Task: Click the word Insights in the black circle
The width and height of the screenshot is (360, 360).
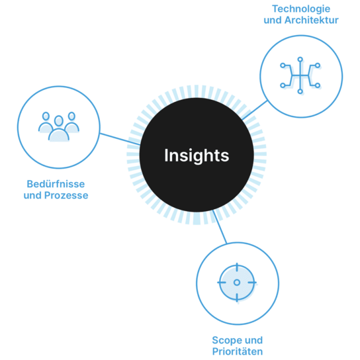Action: pyautogui.click(x=197, y=156)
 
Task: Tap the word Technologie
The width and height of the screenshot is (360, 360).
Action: pyautogui.click(x=301, y=9)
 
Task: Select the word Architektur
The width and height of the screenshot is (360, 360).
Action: pyautogui.click(x=311, y=21)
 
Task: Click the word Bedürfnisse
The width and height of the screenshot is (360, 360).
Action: pyautogui.click(x=56, y=184)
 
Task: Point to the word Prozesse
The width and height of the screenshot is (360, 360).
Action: pyautogui.click(x=66, y=195)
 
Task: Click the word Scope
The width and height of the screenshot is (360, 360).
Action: pyautogui.click(x=225, y=341)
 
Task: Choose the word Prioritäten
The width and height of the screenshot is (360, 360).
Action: pyautogui.click(x=238, y=352)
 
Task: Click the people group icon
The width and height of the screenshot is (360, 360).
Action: pyautogui.click(x=59, y=126)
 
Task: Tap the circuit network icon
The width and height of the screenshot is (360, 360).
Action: pyautogui.click(x=300, y=75)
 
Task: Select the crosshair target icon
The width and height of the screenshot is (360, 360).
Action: pyautogui.click(x=237, y=283)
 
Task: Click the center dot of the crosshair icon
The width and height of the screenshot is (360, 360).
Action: pyautogui.click(x=237, y=283)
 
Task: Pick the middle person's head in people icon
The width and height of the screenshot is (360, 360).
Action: pyautogui.click(x=58, y=120)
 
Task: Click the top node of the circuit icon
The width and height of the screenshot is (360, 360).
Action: pyautogui.click(x=300, y=60)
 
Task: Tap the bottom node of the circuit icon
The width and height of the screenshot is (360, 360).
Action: pyautogui.click(x=300, y=91)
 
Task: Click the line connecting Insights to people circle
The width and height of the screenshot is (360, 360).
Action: pyautogui.click(x=120, y=139)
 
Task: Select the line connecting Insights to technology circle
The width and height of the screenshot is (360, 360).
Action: pyautogui.click(x=255, y=110)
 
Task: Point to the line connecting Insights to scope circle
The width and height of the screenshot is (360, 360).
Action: pyautogui.click(x=220, y=227)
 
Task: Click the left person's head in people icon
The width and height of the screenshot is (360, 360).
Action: pyautogui.click(x=46, y=116)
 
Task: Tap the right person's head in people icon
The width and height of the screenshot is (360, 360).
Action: pyautogui.click(x=71, y=116)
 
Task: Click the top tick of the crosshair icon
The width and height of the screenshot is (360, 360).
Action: pyautogui.click(x=237, y=267)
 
